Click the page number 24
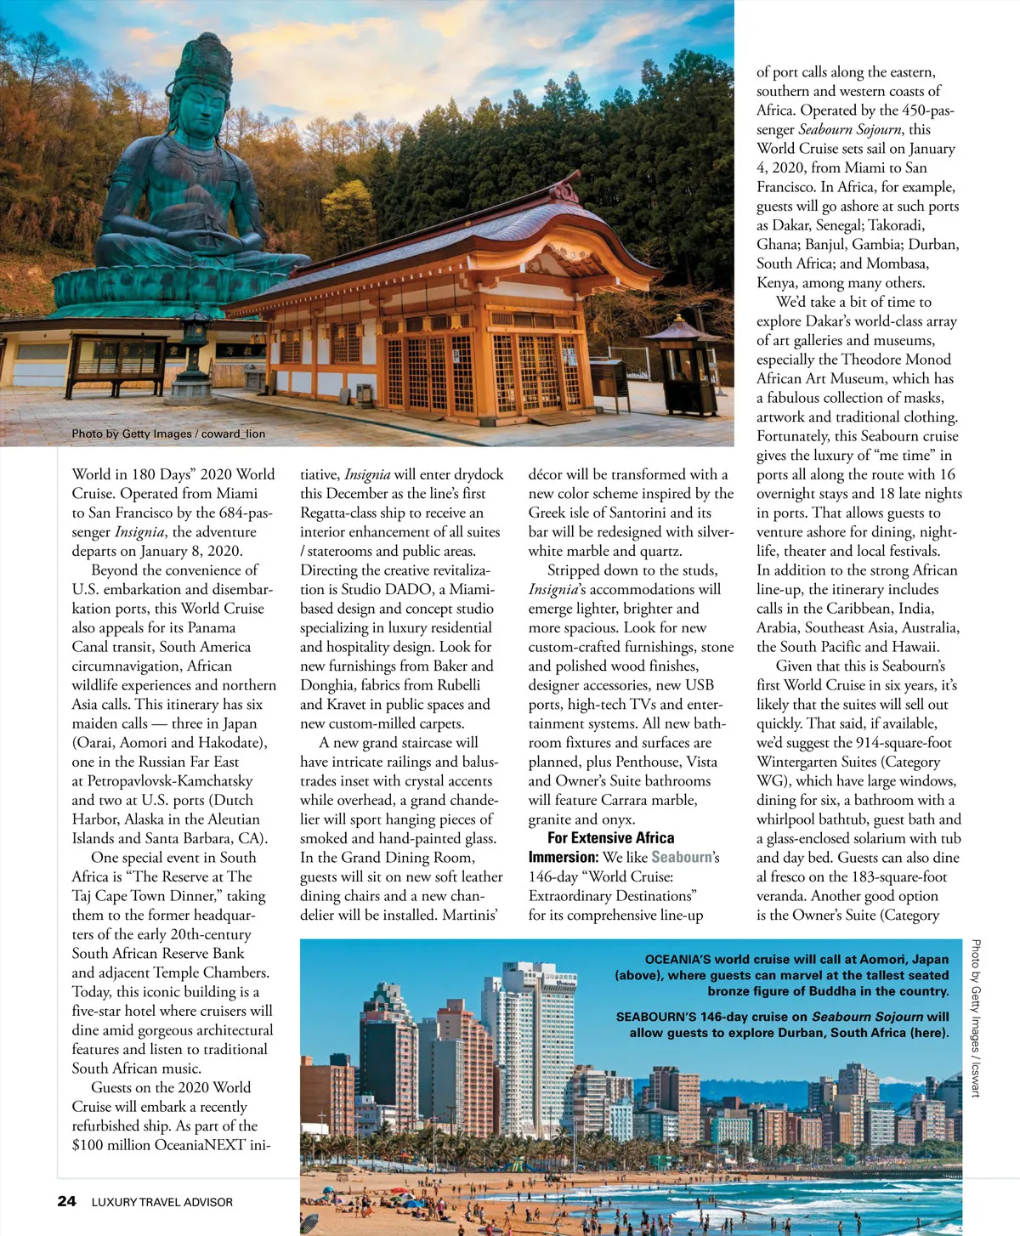(66, 1201)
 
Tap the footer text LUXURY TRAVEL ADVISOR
(161, 1202)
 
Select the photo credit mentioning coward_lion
(168, 434)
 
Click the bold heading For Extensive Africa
(610, 838)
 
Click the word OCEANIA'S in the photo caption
(677, 959)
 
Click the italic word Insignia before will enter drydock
(367, 474)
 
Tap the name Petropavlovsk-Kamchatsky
(170, 780)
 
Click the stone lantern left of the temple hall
(197, 340)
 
